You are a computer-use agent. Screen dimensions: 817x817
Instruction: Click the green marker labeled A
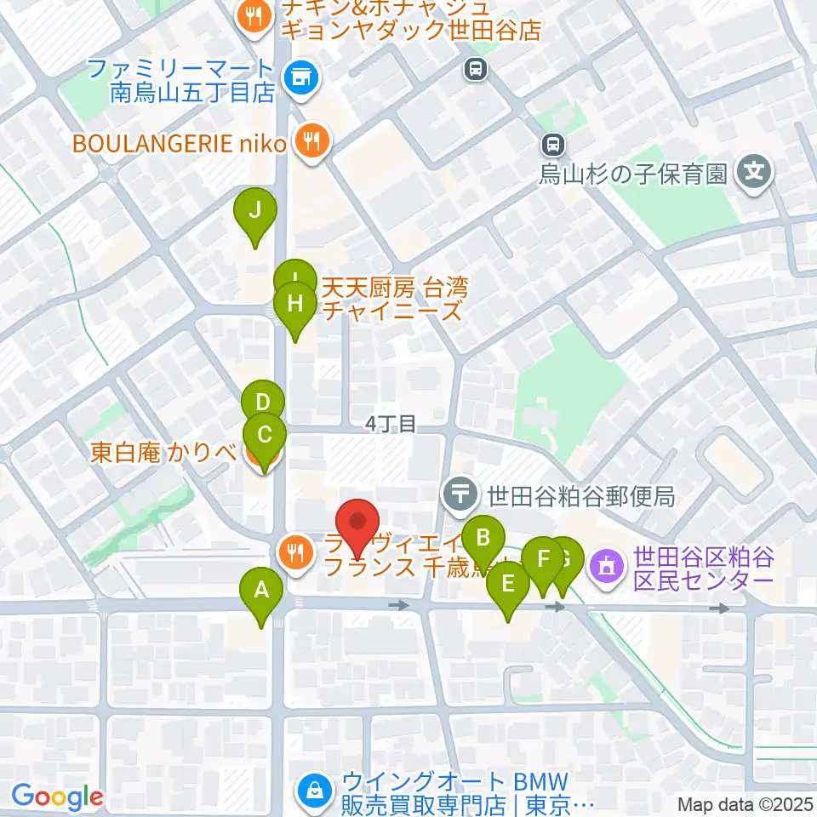(x=261, y=589)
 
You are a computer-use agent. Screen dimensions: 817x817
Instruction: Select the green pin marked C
(x=264, y=436)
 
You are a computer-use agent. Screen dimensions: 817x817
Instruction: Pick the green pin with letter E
(x=508, y=585)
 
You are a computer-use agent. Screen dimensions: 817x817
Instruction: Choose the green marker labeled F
(x=542, y=560)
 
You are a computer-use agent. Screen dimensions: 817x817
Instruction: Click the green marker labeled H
(x=295, y=304)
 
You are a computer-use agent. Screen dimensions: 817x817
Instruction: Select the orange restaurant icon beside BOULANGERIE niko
(x=311, y=142)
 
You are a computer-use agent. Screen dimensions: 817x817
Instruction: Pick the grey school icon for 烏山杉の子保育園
(x=753, y=174)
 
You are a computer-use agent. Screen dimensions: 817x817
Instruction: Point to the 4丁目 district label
(x=391, y=424)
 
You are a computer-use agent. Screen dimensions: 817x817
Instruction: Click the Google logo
(x=58, y=797)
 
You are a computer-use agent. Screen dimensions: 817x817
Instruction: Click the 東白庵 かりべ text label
(x=163, y=452)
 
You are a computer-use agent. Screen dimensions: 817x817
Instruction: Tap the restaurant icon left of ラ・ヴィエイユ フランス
(x=294, y=554)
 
